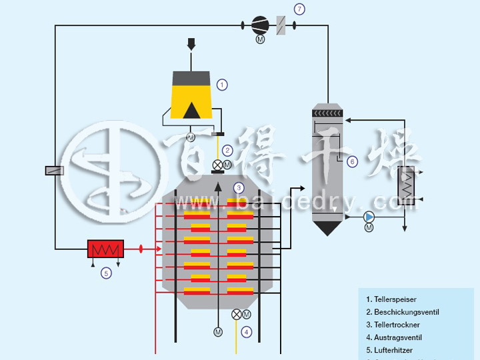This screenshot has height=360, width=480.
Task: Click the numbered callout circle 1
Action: click(223, 85)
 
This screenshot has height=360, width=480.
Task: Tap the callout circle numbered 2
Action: click(227, 151)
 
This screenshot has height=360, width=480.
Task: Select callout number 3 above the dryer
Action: click(239, 188)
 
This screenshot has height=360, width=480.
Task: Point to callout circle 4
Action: click(247, 331)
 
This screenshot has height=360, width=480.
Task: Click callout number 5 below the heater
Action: click(105, 272)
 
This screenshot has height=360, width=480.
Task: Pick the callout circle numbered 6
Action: click(353, 161)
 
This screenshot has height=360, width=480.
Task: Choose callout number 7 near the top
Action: click(299, 9)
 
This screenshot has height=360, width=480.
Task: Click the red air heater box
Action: click(105, 249)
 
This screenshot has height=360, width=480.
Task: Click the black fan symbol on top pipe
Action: click(259, 25)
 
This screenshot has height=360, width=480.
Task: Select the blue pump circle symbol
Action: click(369, 217)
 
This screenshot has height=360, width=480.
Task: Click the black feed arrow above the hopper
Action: click(191, 44)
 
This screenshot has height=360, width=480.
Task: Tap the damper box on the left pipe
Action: click(55, 171)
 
